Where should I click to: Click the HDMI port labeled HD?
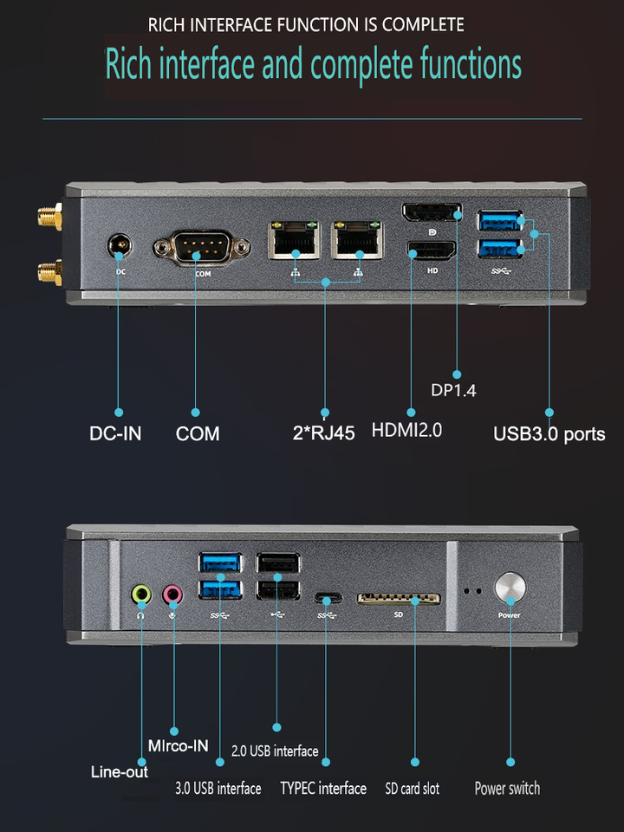(x=431, y=251)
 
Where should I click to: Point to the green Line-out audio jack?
(x=141, y=595)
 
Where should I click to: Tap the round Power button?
(x=510, y=588)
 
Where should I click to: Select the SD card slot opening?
(x=399, y=600)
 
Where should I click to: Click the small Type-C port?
(x=328, y=599)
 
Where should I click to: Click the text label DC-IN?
(x=115, y=433)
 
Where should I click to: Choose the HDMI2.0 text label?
(x=406, y=429)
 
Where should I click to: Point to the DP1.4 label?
(x=453, y=391)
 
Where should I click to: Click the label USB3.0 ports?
(x=549, y=433)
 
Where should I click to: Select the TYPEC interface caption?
(x=323, y=789)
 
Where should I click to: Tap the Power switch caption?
(x=507, y=789)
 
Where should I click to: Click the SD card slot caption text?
(x=412, y=789)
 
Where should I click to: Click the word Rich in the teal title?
(x=128, y=65)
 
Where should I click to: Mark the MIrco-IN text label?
(x=178, y=745)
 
